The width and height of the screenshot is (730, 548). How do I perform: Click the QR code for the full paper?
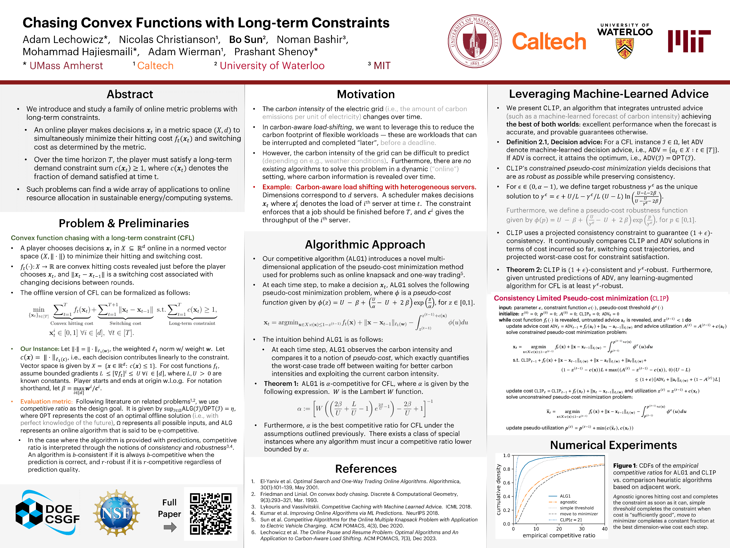[211, 513]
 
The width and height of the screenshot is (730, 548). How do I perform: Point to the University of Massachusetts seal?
[474, 41]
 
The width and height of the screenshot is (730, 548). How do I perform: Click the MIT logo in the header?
[689, 41]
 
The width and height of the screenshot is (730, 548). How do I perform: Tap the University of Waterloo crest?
[625, 48]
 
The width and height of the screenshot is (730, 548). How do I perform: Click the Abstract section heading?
[130, 94]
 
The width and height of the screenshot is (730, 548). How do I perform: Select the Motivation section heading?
[366, 94]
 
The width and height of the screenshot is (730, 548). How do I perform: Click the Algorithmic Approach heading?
[365, 245]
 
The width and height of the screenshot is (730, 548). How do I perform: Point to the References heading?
[366, 469]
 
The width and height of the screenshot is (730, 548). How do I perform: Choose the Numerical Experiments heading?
[613, 445]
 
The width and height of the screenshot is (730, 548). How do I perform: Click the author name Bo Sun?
[247, 40]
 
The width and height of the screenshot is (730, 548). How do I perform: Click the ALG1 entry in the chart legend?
[565, 496]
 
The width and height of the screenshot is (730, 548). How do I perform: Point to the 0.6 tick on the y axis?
[507, 483]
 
